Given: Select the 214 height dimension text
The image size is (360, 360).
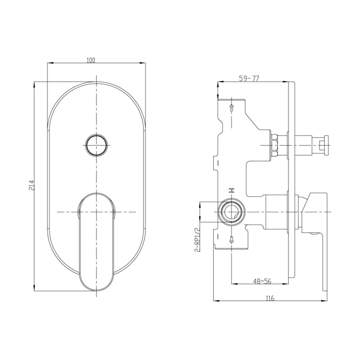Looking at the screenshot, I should [x=31, y=185].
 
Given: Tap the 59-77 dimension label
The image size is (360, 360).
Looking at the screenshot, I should [x=249, y=78].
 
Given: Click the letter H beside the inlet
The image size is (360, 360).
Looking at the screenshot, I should [x=231, y=190].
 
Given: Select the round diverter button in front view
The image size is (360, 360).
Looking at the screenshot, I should [x=97, y=145].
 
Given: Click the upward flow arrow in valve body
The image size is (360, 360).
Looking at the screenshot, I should [x=231, y=108].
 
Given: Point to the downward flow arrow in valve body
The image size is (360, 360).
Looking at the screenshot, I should [x=231, y=239].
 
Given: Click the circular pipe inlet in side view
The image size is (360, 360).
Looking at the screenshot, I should [x=231, y=213].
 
